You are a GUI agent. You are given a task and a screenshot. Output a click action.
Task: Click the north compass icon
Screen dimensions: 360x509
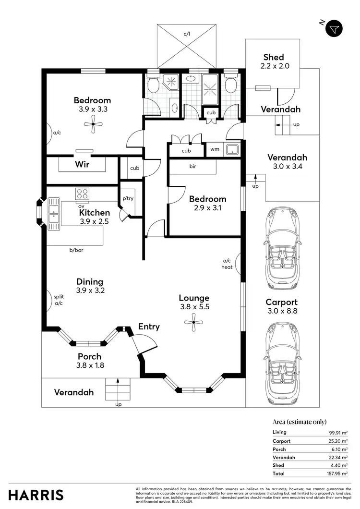[x=335, y=29]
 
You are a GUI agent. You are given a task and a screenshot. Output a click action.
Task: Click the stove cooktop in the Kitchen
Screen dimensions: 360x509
[x=82, y=194]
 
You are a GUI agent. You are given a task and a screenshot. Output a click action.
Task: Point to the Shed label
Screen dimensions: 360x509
[x=274, y=57]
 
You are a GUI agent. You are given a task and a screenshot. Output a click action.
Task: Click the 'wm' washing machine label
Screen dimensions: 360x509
[x=215, y=149]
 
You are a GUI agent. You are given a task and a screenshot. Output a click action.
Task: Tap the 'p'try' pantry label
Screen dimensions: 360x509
[x=127, y=198]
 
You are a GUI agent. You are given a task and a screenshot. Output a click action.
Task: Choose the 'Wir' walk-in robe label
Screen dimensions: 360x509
[x=83, y=164]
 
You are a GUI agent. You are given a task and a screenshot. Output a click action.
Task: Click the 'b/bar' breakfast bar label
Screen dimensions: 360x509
[x=76, y=250]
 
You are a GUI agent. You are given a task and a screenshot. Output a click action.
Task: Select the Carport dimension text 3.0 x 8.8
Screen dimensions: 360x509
[x=282, y=311]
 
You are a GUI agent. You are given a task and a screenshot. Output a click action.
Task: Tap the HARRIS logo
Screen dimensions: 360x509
[x=36, y=495]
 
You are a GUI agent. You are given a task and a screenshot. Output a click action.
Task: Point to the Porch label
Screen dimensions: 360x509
[x=90, y=356]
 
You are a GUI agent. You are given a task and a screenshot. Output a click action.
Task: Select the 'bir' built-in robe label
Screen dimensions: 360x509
[x=192, y=167]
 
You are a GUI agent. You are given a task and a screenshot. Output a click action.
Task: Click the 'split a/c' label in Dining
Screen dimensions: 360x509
[x=59, y=300]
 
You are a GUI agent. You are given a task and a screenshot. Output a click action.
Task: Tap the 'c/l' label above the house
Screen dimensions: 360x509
[x=187, y=34]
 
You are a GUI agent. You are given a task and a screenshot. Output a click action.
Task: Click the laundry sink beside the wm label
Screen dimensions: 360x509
[x=233, y=149]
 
